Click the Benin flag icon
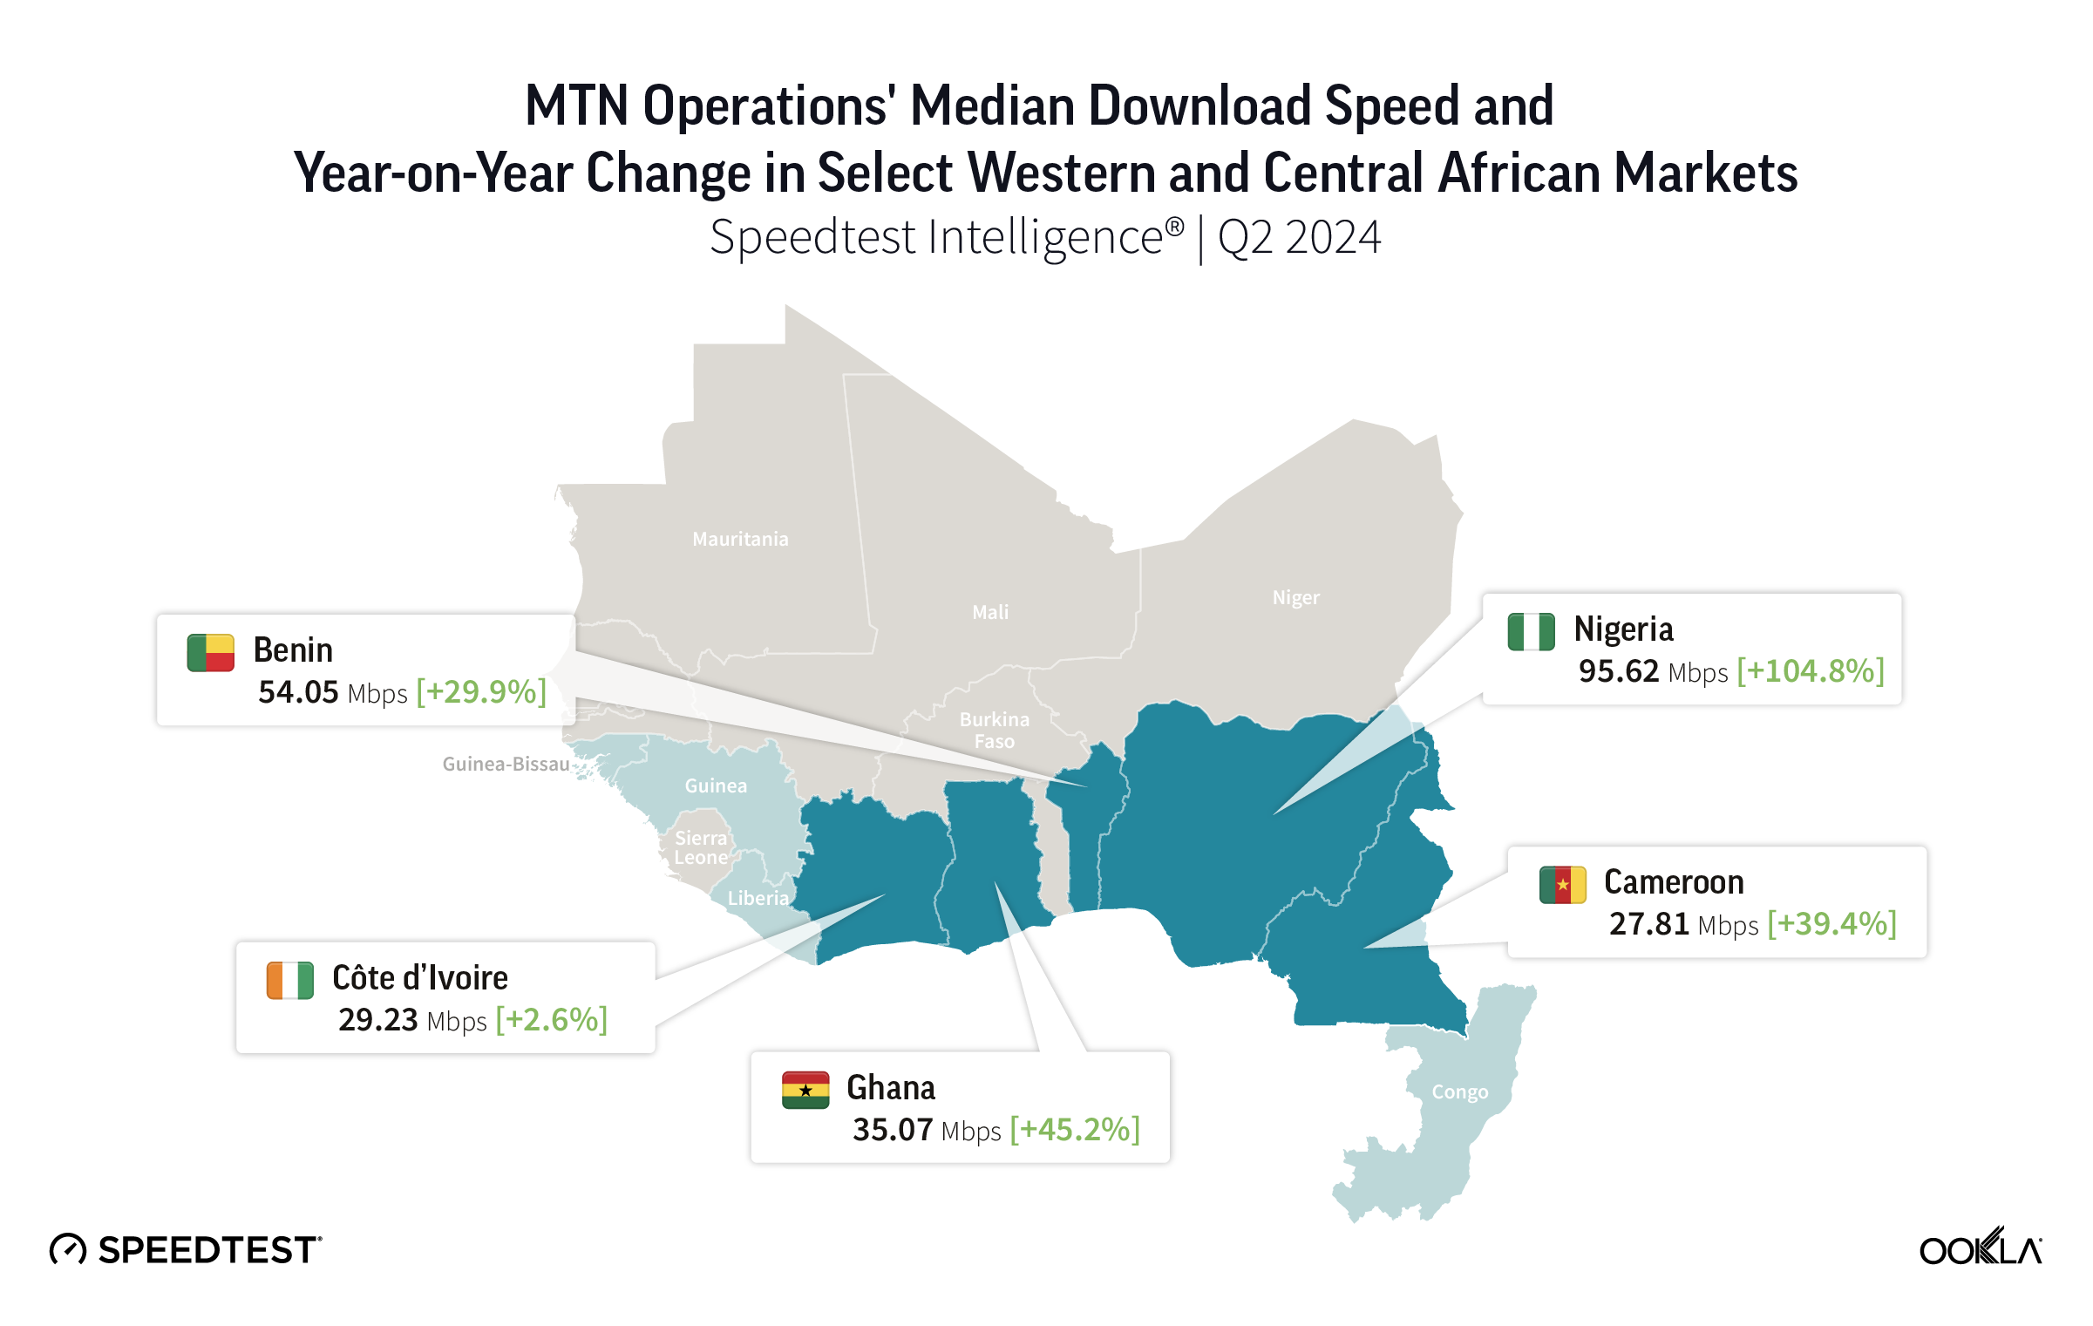211,653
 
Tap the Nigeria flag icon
1532,632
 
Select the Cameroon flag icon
1562,885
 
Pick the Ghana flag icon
805,1091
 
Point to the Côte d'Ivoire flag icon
290,981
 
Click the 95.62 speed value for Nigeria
1619,671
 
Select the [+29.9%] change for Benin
481,692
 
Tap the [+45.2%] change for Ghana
1075,1130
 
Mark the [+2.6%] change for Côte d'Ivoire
552,1020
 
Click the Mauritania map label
740,540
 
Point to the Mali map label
990,613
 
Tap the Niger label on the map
1296,598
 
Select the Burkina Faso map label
995,731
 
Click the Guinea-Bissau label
506,765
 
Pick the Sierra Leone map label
701,848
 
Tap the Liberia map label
758,899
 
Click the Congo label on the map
1460,1092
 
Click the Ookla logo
1981,1248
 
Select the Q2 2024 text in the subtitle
1299,238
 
